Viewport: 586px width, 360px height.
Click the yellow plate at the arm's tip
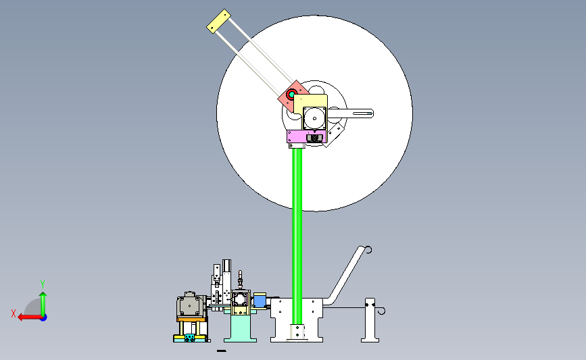click(218, 21)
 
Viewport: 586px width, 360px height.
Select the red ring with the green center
click(291, 94)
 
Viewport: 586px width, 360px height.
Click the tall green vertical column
click(297, 235)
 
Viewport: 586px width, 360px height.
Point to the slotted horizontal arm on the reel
click(351, 113)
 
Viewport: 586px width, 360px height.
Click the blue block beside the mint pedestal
click(260, 301)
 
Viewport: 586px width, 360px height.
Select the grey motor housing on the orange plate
click(191, 305)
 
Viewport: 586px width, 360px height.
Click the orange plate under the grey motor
click(191, 319)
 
